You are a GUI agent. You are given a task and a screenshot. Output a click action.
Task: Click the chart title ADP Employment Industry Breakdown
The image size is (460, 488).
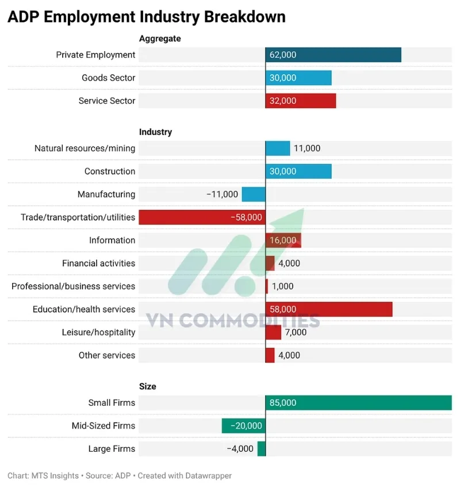coord(146,17)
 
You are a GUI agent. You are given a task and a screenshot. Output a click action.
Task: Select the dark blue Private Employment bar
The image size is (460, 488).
coord(333,55)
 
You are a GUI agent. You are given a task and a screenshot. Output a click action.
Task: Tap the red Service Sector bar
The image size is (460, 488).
coord(301,101)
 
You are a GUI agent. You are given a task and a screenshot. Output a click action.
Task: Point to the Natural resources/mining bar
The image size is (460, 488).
coord(278,148)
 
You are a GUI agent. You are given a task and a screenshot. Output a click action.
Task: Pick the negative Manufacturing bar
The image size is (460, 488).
coord(254,194)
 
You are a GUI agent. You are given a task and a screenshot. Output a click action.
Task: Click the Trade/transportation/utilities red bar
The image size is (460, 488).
coord(202,217)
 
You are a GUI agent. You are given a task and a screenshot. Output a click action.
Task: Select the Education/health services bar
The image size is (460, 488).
coord(329,309)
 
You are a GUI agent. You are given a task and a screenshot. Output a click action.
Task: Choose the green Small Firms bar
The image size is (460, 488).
coord(359,402)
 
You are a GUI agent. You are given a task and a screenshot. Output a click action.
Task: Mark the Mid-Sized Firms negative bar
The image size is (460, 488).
coord(244,426)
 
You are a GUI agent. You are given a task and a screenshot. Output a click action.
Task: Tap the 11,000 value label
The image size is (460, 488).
coord(307,148)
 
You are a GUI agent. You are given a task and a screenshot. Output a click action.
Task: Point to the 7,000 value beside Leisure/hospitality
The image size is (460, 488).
coord(296,332)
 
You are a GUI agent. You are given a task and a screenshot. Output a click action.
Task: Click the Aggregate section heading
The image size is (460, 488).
coord(160,39)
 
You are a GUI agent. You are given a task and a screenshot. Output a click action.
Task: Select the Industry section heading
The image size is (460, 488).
coord(155,132)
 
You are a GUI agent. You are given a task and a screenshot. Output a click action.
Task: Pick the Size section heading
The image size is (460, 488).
coord(148,386)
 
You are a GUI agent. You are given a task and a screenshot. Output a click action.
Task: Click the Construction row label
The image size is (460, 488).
coord(110,171)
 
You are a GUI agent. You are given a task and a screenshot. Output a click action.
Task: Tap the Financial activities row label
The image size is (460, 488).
coord(99,263)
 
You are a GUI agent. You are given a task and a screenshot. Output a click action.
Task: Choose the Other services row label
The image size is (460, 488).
coord(107,355)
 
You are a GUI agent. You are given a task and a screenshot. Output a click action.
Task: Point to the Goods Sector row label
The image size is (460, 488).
coord(109,78)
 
